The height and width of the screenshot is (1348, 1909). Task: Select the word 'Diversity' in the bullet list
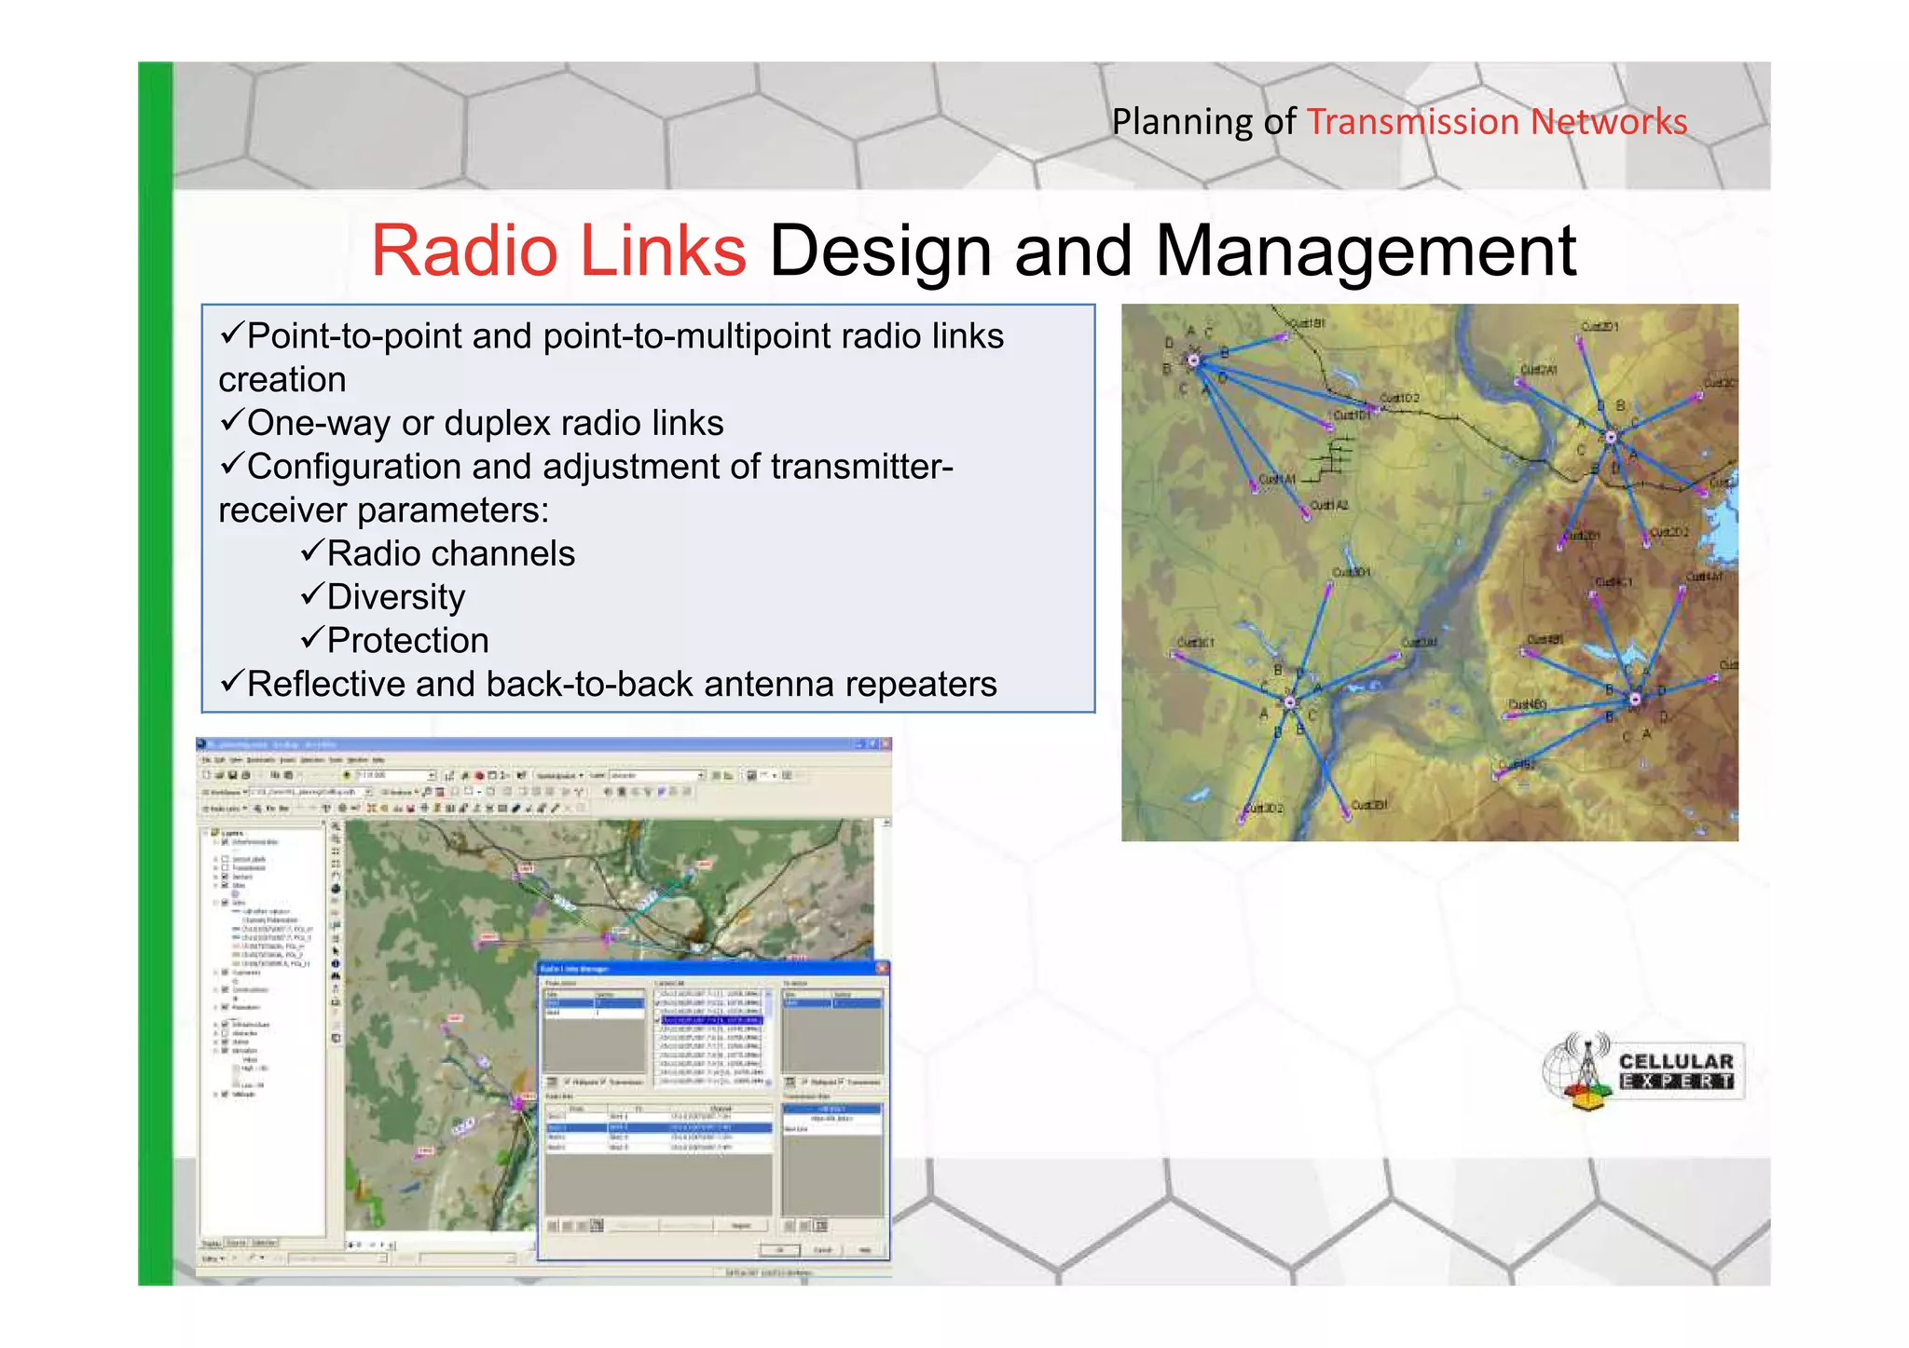tap(395, 597)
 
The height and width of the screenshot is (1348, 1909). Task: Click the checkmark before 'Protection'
tap(311, 638)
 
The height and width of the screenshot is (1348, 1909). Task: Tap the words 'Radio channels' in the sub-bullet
tap(450, 553)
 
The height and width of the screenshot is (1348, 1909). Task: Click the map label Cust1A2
tap(1328, 505)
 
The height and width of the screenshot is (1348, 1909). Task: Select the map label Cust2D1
tap(1600, 326)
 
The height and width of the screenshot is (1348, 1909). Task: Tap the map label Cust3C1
tap(1195, 643)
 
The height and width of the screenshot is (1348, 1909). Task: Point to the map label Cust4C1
tap(1614, 582)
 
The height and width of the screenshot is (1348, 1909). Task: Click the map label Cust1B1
tap(1305, 323)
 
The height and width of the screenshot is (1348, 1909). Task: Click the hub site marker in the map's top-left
tap(1192, 360)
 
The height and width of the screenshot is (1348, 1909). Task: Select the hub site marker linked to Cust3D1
tap(1290, 702)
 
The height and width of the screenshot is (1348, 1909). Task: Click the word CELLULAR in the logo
tap(1676, 1061)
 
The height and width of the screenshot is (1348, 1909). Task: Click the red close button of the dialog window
tap(882, 969)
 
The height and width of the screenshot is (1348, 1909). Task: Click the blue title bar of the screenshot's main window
tap(522, 745)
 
